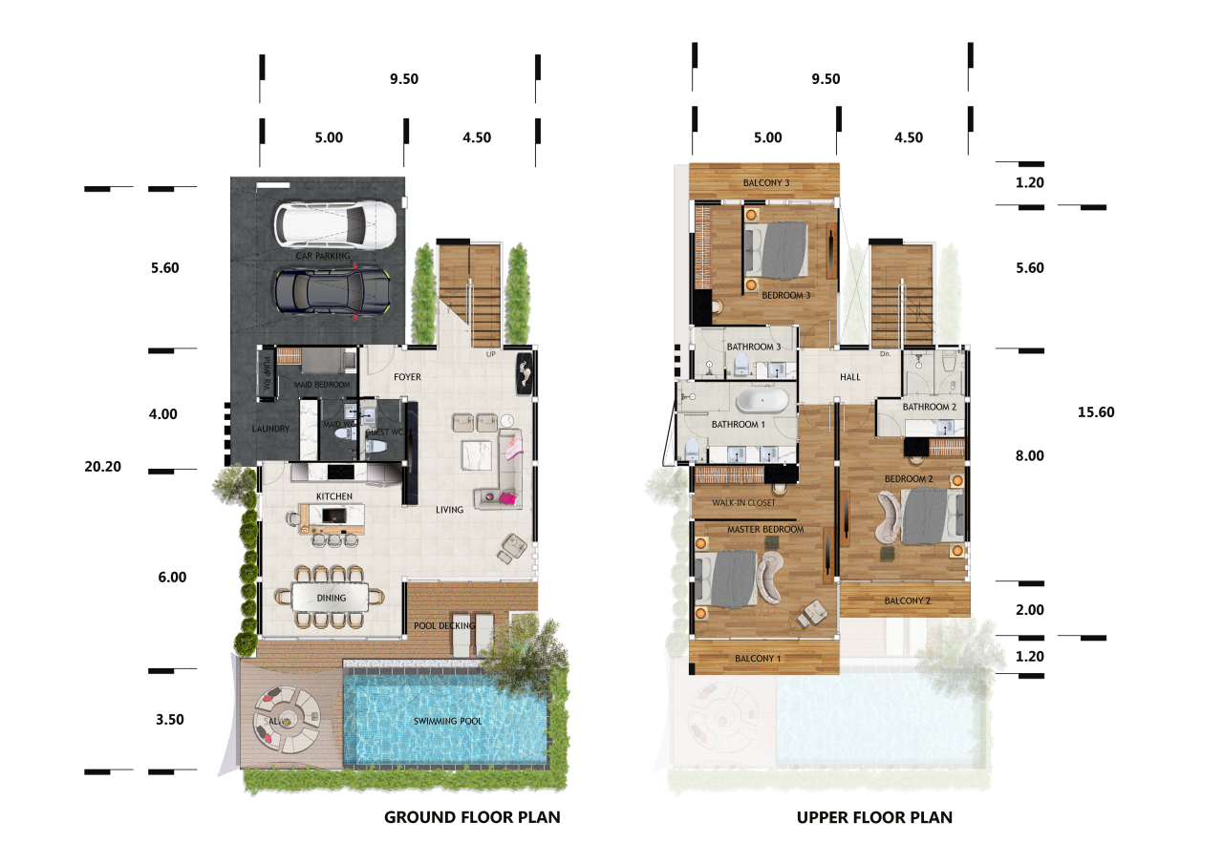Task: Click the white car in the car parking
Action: click(x=334, y=225)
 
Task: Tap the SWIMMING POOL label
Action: click(x=447, y=721)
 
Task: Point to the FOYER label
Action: click(x=407, y=377)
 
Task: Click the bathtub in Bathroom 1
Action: click(x=762, y=399)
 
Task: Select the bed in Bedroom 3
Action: click(x=780, y=246)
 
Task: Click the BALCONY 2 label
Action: click(x=907, y=601)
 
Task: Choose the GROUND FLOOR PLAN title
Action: click(x=472, y=817)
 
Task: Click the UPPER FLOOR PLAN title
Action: click(x=874, y=817)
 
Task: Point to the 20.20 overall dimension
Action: click(x=104, y=467)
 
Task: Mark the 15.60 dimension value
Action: click(x=1095, y=412)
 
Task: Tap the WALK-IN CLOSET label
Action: click(x=742, y=502)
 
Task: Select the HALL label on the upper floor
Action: click(x=849, y=377)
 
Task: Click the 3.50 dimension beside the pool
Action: click(x=169, y=720)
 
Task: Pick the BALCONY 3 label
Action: click(x=765, y=182)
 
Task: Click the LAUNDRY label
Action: click(x=270, y=429)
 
